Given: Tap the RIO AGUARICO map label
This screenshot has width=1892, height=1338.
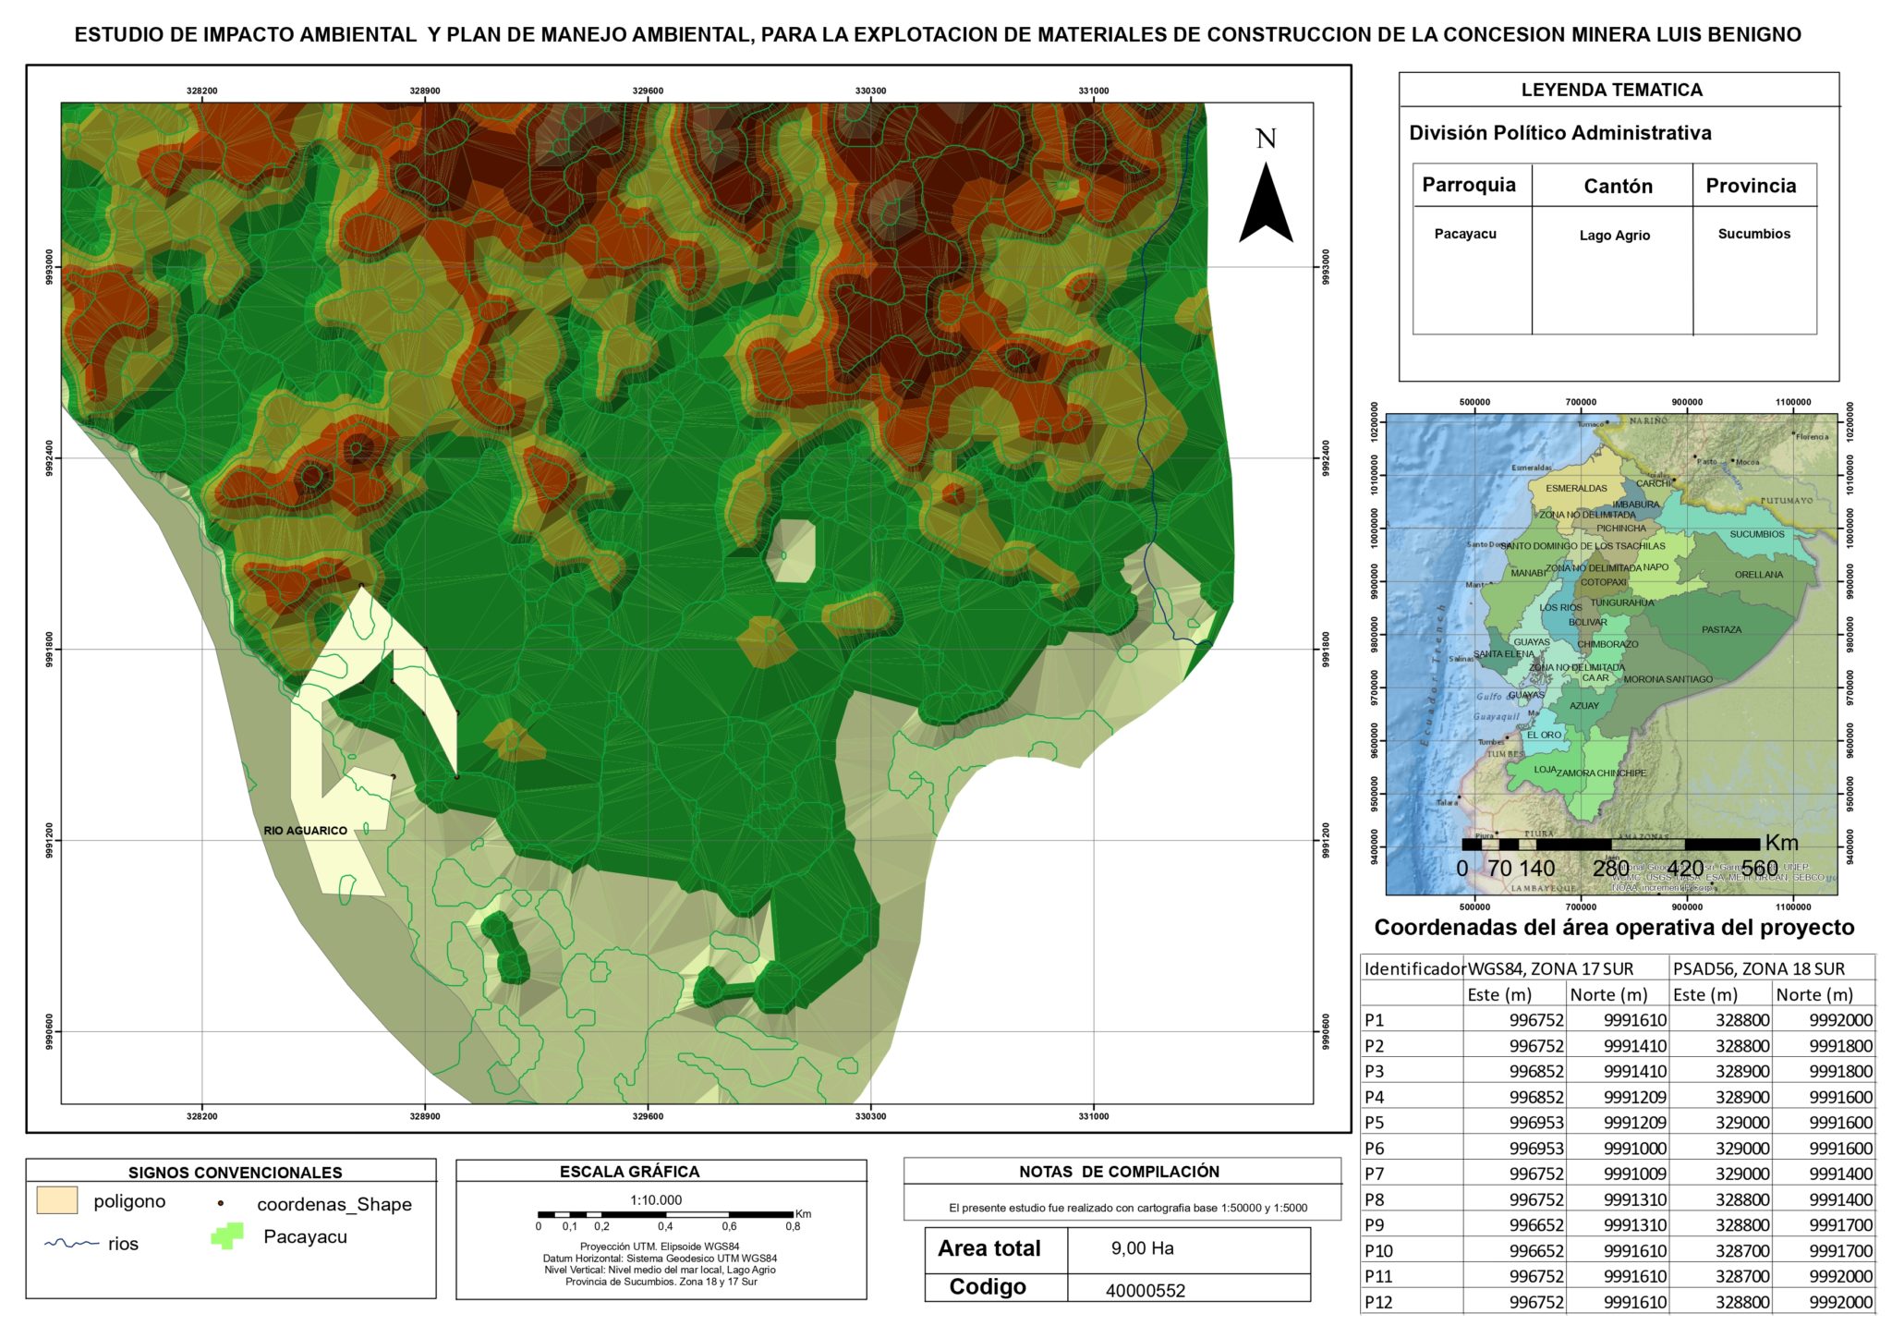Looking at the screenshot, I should [305, 831].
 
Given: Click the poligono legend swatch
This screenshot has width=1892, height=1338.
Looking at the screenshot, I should [57, 1200].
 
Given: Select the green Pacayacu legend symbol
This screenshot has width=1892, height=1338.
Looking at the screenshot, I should [227, 1236].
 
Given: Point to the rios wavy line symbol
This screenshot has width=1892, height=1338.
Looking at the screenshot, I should [71, 1244].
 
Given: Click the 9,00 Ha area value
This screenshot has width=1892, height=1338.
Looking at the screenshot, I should [1142, 1248].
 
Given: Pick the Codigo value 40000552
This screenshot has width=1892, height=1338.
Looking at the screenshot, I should [1145, 1291].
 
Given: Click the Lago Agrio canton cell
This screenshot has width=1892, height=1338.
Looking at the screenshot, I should [1614, 236].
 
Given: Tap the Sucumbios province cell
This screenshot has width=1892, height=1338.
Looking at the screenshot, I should [1753, 234].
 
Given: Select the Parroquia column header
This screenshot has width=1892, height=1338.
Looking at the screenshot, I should [1468, 185].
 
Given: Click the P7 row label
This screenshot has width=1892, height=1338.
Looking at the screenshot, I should [1375, 1174].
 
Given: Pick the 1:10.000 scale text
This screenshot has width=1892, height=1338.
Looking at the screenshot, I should [656, 1199].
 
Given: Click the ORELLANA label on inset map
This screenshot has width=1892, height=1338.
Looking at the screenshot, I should [1758, 575].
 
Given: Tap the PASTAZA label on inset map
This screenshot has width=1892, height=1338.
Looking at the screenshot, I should [1721, 629].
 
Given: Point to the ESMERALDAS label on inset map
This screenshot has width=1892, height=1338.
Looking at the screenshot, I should [1576, 488].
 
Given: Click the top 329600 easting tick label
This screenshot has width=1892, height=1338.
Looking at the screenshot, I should [648, 91].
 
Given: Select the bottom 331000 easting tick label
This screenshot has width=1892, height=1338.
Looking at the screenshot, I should [1093, 1116].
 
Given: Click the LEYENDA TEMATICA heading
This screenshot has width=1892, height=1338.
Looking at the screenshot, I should [1611, 90].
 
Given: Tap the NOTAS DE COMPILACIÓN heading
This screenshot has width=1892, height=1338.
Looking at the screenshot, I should [1119, 1172].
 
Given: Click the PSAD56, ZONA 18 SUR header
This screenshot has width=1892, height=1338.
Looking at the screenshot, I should [1758, 968].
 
